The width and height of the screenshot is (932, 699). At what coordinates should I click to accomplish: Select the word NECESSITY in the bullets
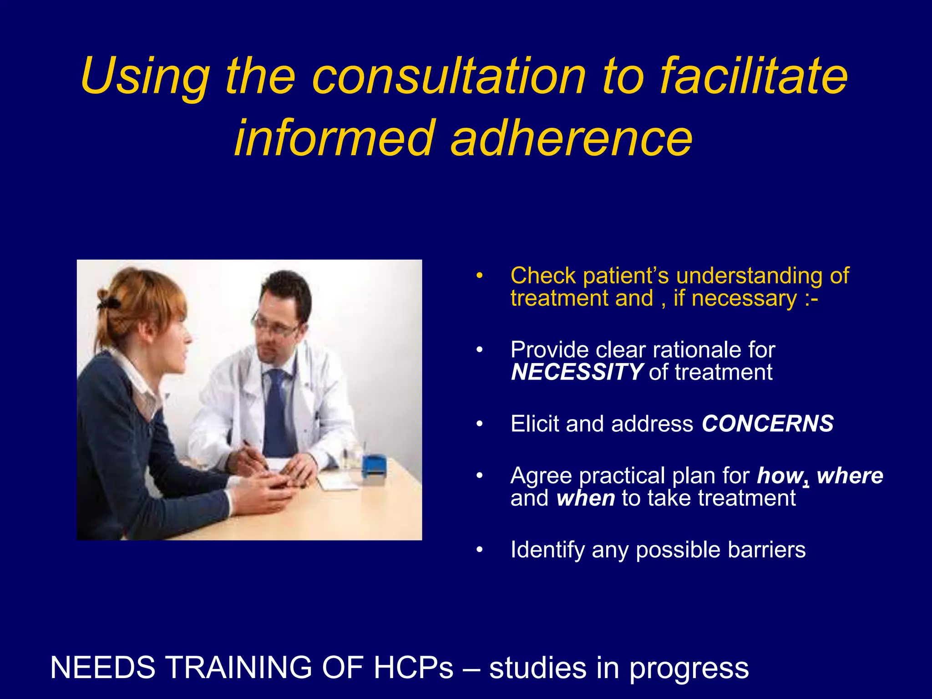point(576,372)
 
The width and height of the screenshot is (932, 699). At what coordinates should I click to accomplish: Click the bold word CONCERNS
point(767,424)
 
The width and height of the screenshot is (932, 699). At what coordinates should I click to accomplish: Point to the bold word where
point(850,476)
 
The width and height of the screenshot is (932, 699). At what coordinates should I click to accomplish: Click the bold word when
point(586,498)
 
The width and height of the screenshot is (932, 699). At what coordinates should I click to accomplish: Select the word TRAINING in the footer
point(238,668)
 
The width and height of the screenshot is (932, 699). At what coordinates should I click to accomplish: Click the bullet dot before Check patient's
point(479,276)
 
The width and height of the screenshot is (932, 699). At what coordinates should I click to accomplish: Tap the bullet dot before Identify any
point(479,550)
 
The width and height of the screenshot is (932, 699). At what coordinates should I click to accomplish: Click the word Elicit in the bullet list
point(535,424)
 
